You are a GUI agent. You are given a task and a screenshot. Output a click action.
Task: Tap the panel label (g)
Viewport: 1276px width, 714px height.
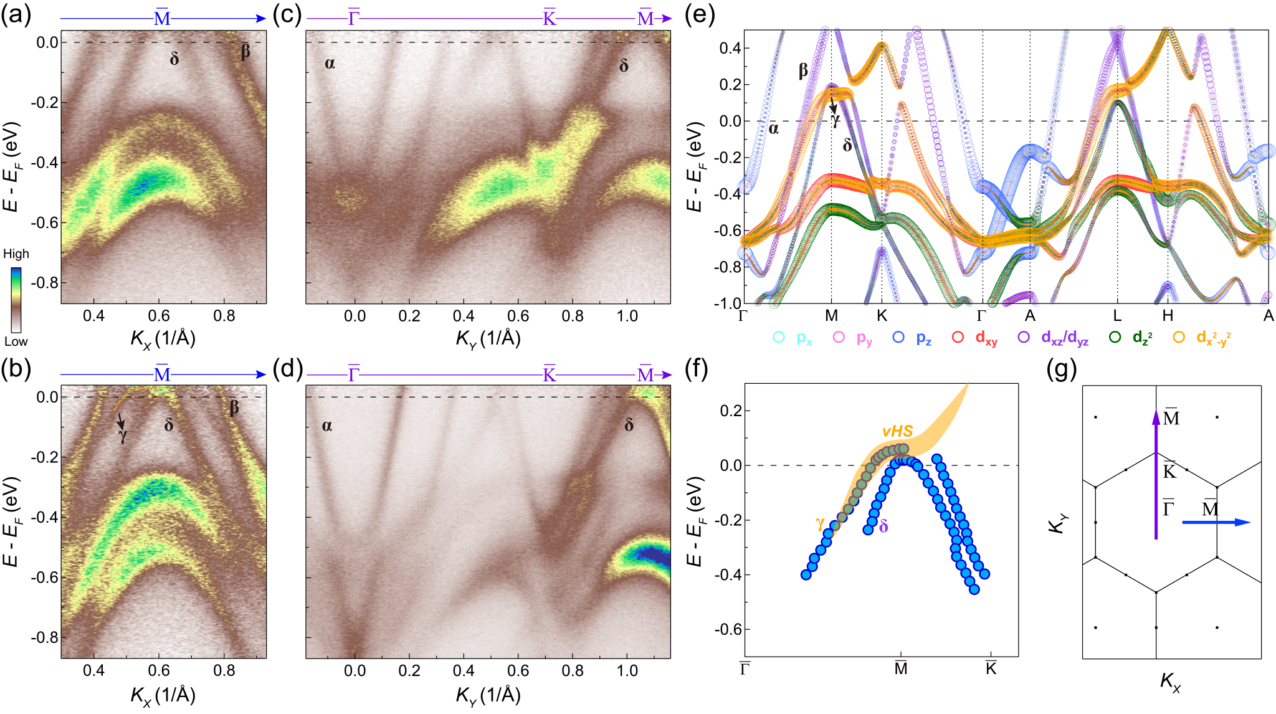[x=1062, y=371]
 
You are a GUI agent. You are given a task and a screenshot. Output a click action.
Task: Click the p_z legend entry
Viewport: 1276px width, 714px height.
[x=913, y=338]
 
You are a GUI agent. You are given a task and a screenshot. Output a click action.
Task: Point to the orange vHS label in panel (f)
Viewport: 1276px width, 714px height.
[x=897, y=431]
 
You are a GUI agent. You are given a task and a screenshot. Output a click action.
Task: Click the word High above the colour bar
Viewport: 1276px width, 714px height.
[x=16, y=254]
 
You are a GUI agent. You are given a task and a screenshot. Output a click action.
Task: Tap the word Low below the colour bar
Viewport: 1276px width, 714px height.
[x=16, y=341]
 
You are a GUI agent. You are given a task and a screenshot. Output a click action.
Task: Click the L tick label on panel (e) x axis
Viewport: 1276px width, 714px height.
[x=1117, y=316]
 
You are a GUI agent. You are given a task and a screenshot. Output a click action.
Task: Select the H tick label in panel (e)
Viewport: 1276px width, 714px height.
[x=1168, y=316]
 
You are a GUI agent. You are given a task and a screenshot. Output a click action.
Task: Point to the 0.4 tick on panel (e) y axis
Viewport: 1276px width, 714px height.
[x=730, y=49]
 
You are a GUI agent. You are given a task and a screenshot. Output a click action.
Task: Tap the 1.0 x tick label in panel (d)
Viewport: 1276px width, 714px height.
[x=627, y=670]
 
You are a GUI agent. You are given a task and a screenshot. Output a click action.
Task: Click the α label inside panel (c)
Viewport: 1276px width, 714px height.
[x=330, y=63]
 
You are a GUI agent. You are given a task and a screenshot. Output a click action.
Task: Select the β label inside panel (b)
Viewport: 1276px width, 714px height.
[x=234, y=409]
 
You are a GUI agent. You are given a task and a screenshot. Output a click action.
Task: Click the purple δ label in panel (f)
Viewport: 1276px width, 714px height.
[x=883, y=526]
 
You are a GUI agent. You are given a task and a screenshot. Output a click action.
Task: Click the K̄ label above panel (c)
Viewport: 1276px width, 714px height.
[x=549, y=18]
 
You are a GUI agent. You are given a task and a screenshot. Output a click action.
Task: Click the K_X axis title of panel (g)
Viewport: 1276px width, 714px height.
[x=1170, y=682]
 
